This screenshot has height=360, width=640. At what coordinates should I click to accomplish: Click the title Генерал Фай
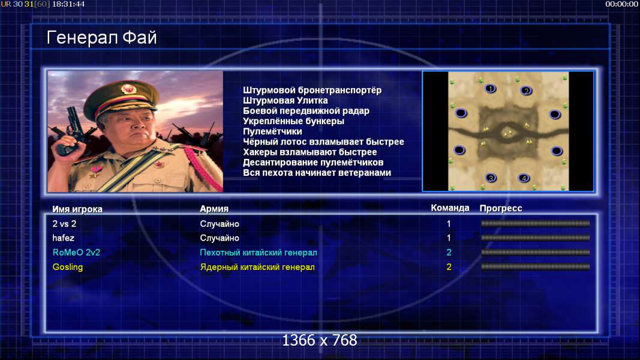(101, 38)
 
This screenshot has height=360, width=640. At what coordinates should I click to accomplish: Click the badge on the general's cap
(128, 89)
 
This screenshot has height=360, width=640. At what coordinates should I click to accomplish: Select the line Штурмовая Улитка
(286, 101)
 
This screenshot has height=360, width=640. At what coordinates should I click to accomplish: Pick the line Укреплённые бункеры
(293, 121)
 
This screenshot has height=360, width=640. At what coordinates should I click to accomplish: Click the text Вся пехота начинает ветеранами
(317, 173)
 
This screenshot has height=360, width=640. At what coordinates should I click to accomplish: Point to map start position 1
(490, 88)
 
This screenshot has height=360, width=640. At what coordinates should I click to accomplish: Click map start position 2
(526, 91)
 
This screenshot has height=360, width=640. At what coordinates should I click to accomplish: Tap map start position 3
(491, 178)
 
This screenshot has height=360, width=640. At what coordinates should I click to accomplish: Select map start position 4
(524, 178)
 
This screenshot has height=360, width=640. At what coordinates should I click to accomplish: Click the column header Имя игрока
(77, 209)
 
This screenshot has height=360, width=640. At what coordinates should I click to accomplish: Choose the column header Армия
(214, 209)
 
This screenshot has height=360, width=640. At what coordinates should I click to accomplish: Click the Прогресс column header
(501, 208)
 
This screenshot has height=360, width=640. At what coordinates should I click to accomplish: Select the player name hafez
(63, 238)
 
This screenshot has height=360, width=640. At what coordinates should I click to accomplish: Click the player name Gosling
(68, 268)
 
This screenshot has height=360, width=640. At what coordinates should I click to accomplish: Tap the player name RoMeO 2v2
(76, 253)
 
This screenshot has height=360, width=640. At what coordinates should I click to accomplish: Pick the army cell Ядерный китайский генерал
(257, 268)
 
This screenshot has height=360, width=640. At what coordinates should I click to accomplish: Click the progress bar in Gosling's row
(536, 267)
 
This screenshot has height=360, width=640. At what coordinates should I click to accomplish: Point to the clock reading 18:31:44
(68, 4)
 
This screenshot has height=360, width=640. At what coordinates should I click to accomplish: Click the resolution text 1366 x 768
(320, 340)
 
